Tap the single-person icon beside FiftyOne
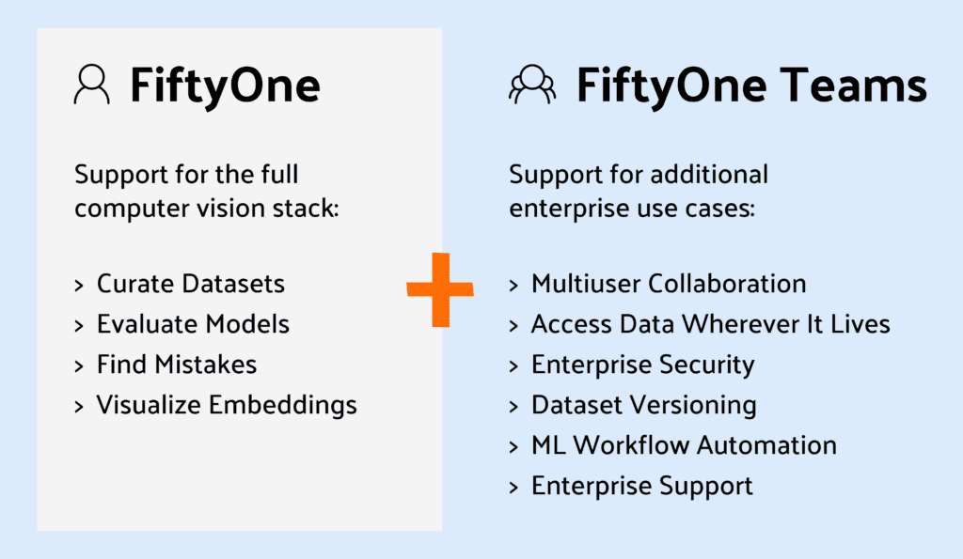[x=92, y=85]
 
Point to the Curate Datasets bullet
[x=190, y=283]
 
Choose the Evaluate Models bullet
[x=193, y=324]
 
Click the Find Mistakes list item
[x=176, y=365]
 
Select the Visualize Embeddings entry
[x=227, y=405]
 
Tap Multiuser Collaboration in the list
[x=669, y=283]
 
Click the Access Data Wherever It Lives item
[x=710, y=324]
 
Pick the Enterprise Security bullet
[x=643, y=365]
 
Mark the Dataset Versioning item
[x=644, y=405]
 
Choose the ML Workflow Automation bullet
[x=684, y=445]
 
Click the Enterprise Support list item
[x=642, y=486]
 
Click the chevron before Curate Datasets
[x=80, y=284]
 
